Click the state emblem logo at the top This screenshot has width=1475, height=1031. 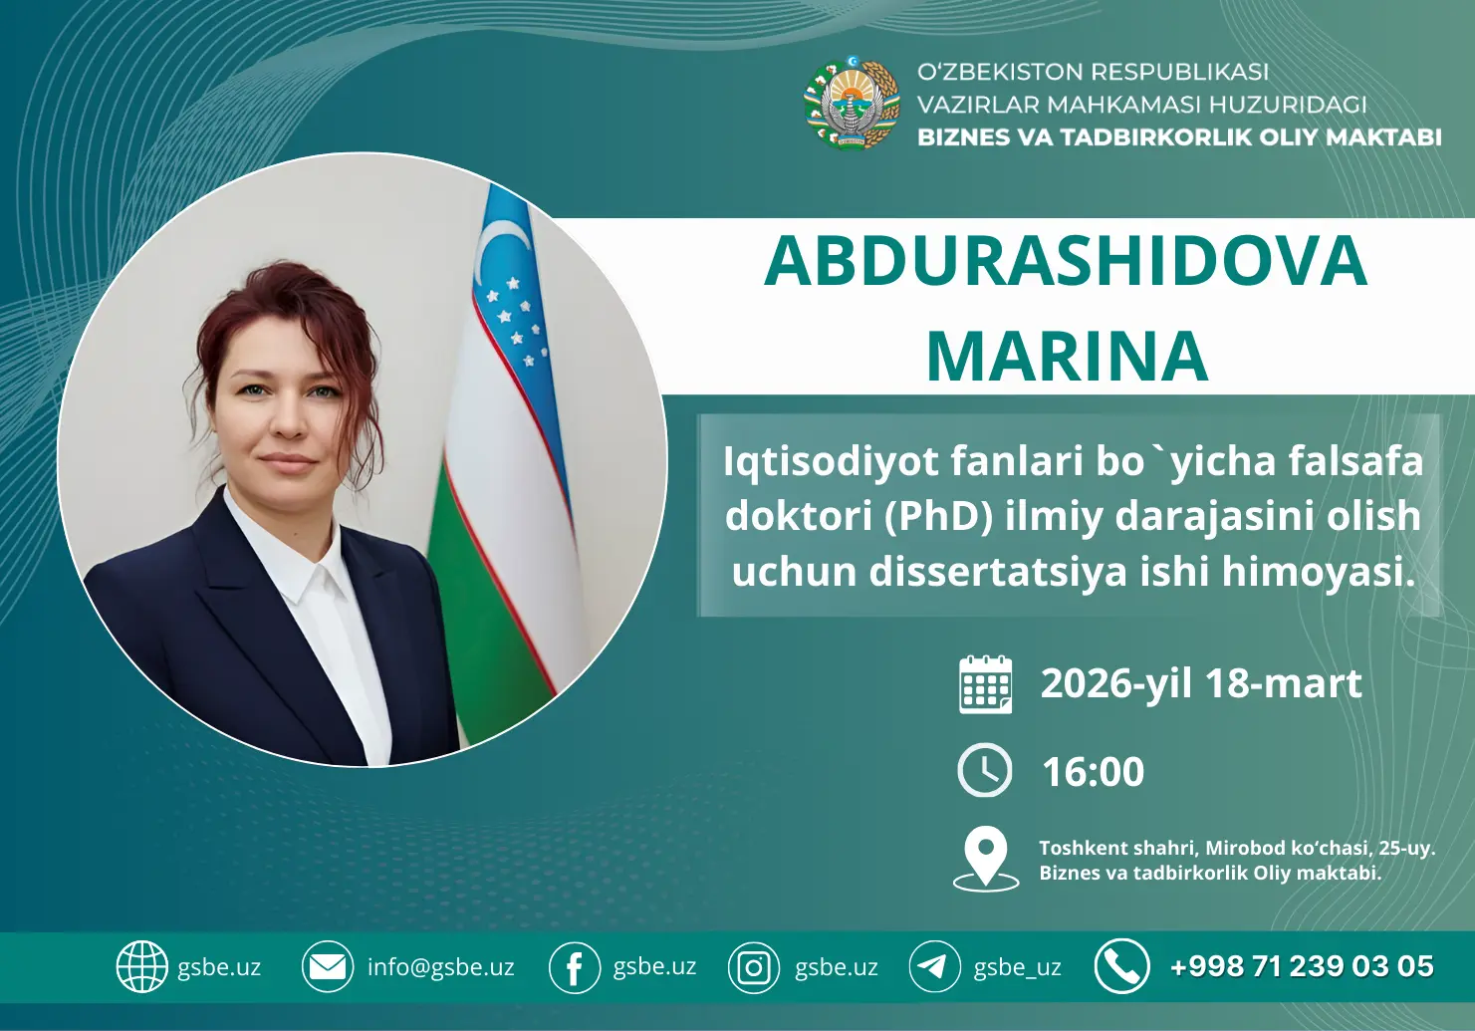853,103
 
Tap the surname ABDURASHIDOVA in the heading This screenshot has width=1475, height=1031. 1065,261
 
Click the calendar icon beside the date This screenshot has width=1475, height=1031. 985,684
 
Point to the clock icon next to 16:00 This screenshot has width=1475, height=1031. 984,770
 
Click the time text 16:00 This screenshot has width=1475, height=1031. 1093,772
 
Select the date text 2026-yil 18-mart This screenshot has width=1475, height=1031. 1201,684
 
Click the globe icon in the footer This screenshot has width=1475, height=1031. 141,966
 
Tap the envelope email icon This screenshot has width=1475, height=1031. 328,966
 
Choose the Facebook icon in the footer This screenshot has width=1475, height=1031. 575,967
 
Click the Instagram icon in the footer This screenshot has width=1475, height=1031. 754,967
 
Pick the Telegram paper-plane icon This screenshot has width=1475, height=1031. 934,966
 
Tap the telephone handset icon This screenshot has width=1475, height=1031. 1121,966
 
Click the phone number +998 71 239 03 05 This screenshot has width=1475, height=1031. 1302,966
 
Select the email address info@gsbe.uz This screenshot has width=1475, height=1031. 440,966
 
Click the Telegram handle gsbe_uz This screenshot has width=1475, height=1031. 1017,967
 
